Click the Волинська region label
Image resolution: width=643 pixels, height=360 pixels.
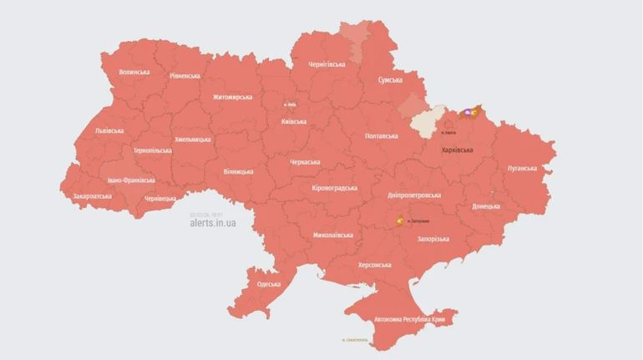[x=134, y=73]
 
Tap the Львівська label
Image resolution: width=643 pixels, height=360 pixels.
[x=109, y=131]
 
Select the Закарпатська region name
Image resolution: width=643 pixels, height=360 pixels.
[x=92, y=197]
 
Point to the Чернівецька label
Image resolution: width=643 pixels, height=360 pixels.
[x=160, y=199]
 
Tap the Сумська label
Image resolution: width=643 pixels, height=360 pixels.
[x=390, y=80]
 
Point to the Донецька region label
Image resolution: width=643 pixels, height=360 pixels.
[x=486, y=206]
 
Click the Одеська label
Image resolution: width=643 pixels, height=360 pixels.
[x=269, y=285]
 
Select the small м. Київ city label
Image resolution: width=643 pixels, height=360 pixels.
[x=291, y=104]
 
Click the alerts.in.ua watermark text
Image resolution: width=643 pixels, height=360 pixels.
[x=213, y=223]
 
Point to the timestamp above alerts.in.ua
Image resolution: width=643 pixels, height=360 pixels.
[x=205, y=215]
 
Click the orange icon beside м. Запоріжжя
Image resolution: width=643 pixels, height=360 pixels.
[x=400, y=221]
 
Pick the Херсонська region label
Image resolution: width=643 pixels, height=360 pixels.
[x=374, y=265]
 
